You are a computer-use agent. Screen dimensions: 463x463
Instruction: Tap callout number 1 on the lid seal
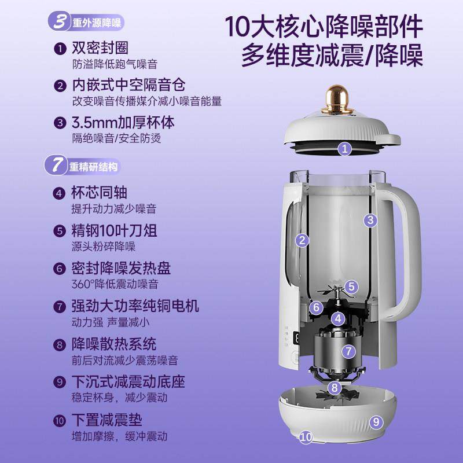[345, 149]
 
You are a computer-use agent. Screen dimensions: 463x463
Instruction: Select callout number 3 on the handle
[370, 219]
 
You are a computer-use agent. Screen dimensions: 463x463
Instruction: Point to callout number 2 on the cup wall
[301, 240]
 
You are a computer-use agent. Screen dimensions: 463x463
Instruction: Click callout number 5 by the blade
[352, 286]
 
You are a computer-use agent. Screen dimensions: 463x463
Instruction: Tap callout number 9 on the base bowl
[376, 422]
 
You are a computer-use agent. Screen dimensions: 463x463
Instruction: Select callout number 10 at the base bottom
[306, 437]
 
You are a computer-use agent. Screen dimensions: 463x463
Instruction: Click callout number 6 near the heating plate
[316, 308]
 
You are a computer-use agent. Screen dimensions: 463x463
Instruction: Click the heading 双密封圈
[100, 48]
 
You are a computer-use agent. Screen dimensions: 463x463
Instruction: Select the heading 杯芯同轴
[100, 193]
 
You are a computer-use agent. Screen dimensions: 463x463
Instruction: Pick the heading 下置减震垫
[107, 419]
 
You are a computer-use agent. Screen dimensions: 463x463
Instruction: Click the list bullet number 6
[59, 269]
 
